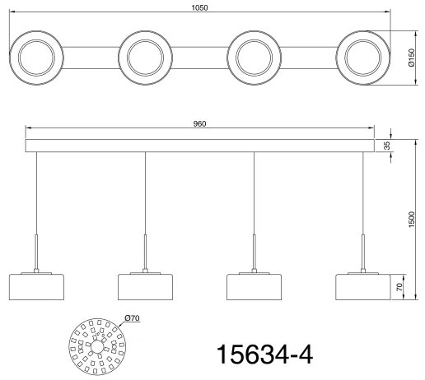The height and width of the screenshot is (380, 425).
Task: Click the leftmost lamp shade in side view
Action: click(x=36, y=285)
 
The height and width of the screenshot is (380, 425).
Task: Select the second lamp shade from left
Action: click(x=145, y=285)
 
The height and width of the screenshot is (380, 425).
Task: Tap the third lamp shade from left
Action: click(x=254, y=285)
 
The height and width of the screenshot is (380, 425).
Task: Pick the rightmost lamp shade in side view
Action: click(x=362, y=285)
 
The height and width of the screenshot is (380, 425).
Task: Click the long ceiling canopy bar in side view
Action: click(x=199, y=146)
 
